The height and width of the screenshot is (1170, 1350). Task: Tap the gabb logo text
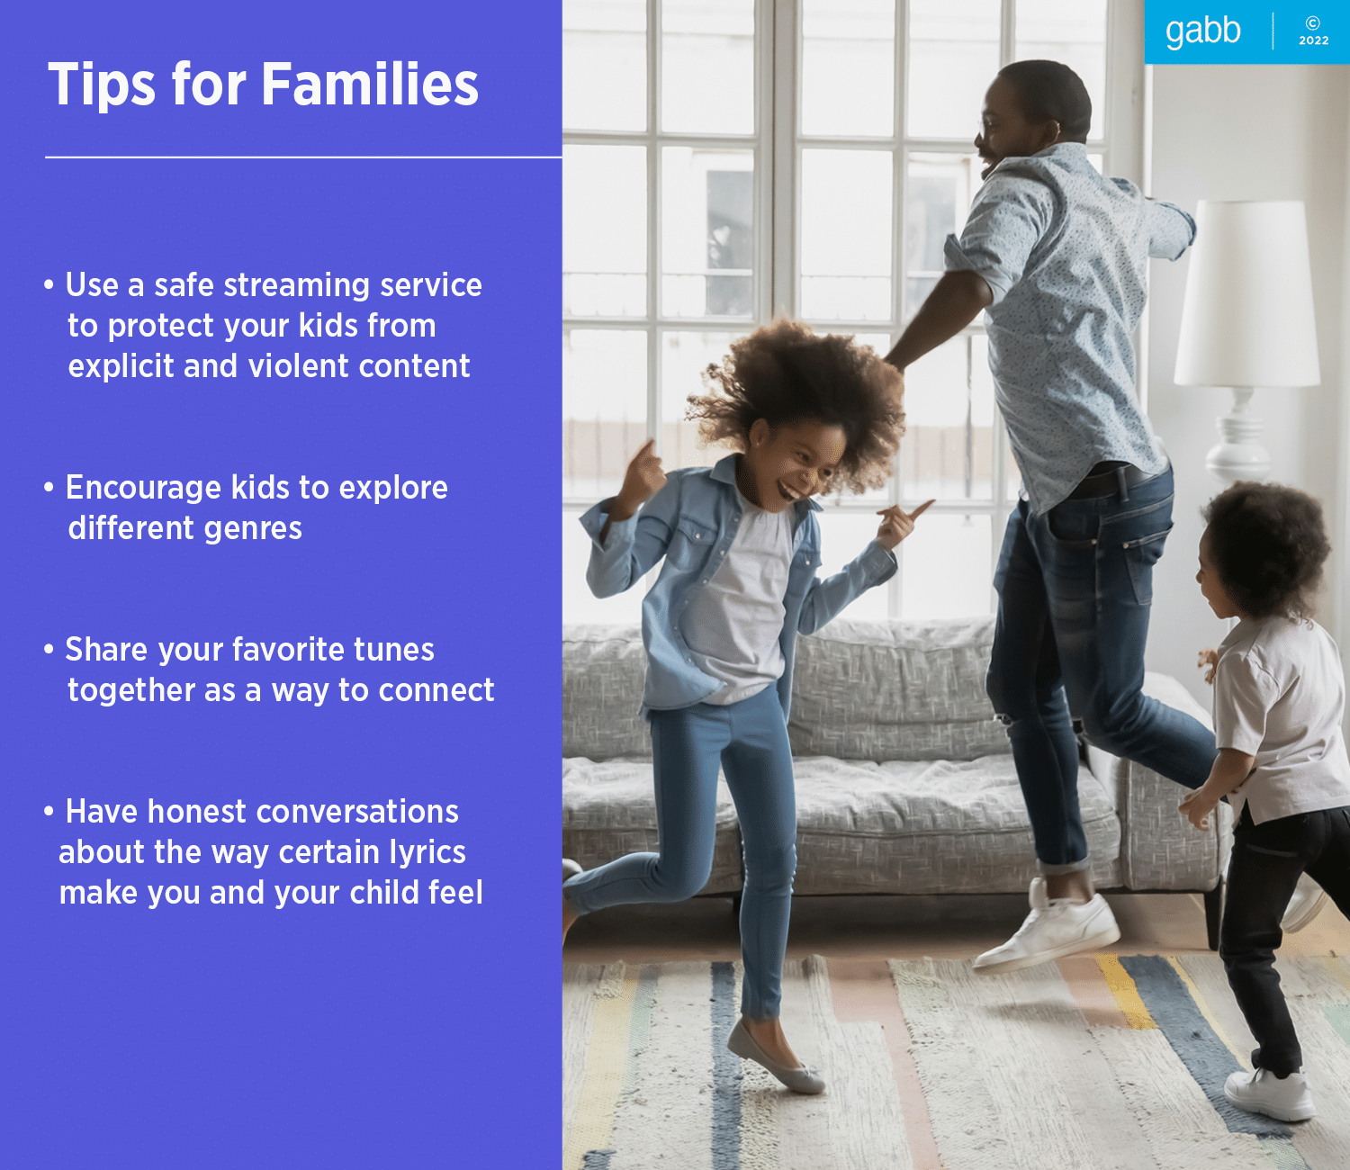[x=1202, y=31]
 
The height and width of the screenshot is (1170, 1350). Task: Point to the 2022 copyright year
[x=1313, y=40]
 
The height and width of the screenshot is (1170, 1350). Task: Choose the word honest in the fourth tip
[x=196, y=812]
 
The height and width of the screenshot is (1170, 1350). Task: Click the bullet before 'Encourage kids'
[x=49, y=488]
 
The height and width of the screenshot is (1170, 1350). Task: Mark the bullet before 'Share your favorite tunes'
[x=49, y=650]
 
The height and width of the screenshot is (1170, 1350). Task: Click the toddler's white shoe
[x=1269, y=1093]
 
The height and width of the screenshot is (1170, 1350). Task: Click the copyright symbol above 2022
[x=1313, y=23]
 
